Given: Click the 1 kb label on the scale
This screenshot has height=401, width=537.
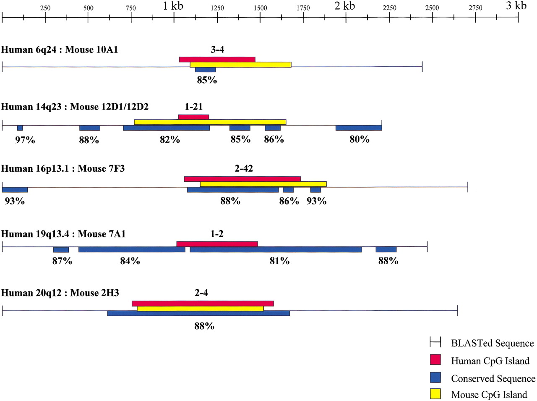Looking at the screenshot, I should (173, 6).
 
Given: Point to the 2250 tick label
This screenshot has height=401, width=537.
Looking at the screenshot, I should (389, 8).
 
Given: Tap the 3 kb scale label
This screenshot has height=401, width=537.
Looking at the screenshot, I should (516, 6).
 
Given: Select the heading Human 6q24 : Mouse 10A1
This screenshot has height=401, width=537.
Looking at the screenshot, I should (59, 50).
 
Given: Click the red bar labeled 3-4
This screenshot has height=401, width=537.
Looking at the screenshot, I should (217, 59).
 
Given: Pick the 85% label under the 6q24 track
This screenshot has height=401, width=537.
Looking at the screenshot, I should (207, 80).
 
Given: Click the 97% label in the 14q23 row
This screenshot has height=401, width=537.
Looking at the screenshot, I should (25, 140).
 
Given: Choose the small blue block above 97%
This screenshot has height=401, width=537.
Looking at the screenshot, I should (20, 128).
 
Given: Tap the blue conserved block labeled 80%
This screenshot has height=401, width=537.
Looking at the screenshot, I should (359, 128).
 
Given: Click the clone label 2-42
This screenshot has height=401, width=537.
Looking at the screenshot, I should (244, 168).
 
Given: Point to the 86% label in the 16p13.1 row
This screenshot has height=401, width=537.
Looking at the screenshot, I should (289, 201).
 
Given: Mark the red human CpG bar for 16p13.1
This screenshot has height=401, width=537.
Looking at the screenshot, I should (242, 179).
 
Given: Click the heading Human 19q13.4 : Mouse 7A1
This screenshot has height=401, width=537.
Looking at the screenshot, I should (63, 234).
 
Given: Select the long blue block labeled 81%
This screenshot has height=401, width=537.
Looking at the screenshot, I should (276, 249).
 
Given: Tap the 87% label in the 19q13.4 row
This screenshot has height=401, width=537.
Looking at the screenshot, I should (62, 261).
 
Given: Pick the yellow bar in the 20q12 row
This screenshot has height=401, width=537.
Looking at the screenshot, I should (200, 309).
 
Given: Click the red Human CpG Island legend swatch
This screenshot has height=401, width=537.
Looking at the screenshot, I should (435, 360).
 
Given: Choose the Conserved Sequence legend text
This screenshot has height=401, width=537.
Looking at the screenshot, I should (493, 379).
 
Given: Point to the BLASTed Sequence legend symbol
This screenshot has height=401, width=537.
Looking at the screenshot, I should (435, 342).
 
